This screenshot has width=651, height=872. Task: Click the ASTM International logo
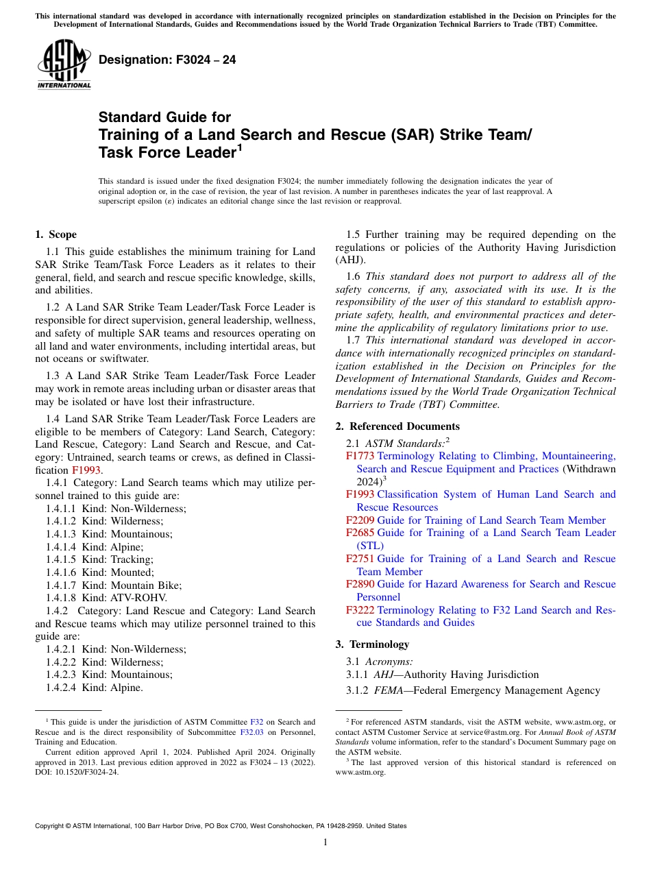tap(64, 64)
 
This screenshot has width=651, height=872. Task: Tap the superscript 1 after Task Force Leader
tap(239, 147)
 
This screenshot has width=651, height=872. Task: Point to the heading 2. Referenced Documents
tap(397, 426)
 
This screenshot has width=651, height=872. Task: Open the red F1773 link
tap(360, 456)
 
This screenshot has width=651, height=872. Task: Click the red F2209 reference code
tap(360, 520)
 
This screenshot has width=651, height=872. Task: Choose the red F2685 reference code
tap(360, 533)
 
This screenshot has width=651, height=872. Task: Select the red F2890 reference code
tap(360, 584)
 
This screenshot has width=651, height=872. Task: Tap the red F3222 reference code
tap(360, 610)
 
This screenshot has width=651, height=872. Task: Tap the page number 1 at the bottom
tap(325, 842)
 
